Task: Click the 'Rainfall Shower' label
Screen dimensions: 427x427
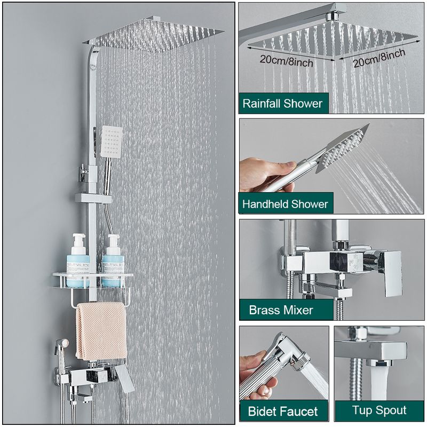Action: [282, 104]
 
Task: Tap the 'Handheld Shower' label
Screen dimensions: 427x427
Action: [285, 204]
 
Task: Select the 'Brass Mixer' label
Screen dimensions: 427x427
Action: [281, 310]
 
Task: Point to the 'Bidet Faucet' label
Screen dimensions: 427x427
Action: [283, 411]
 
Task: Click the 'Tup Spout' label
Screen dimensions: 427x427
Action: [379, 410]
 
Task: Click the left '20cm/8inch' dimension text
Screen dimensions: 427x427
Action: [286, 60]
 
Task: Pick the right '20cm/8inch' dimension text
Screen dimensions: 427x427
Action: [379, 58]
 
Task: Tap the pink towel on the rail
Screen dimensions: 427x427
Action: [101, 330]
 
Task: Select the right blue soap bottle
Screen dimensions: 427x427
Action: [113, 261]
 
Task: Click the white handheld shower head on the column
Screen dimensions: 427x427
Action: [111, 141]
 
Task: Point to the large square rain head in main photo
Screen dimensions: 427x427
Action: [153, 34]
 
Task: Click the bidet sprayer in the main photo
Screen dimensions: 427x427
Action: [61, 354]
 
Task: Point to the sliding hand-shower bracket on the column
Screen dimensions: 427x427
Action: [93, 198]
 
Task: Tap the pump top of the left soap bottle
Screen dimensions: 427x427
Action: [78, 240]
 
